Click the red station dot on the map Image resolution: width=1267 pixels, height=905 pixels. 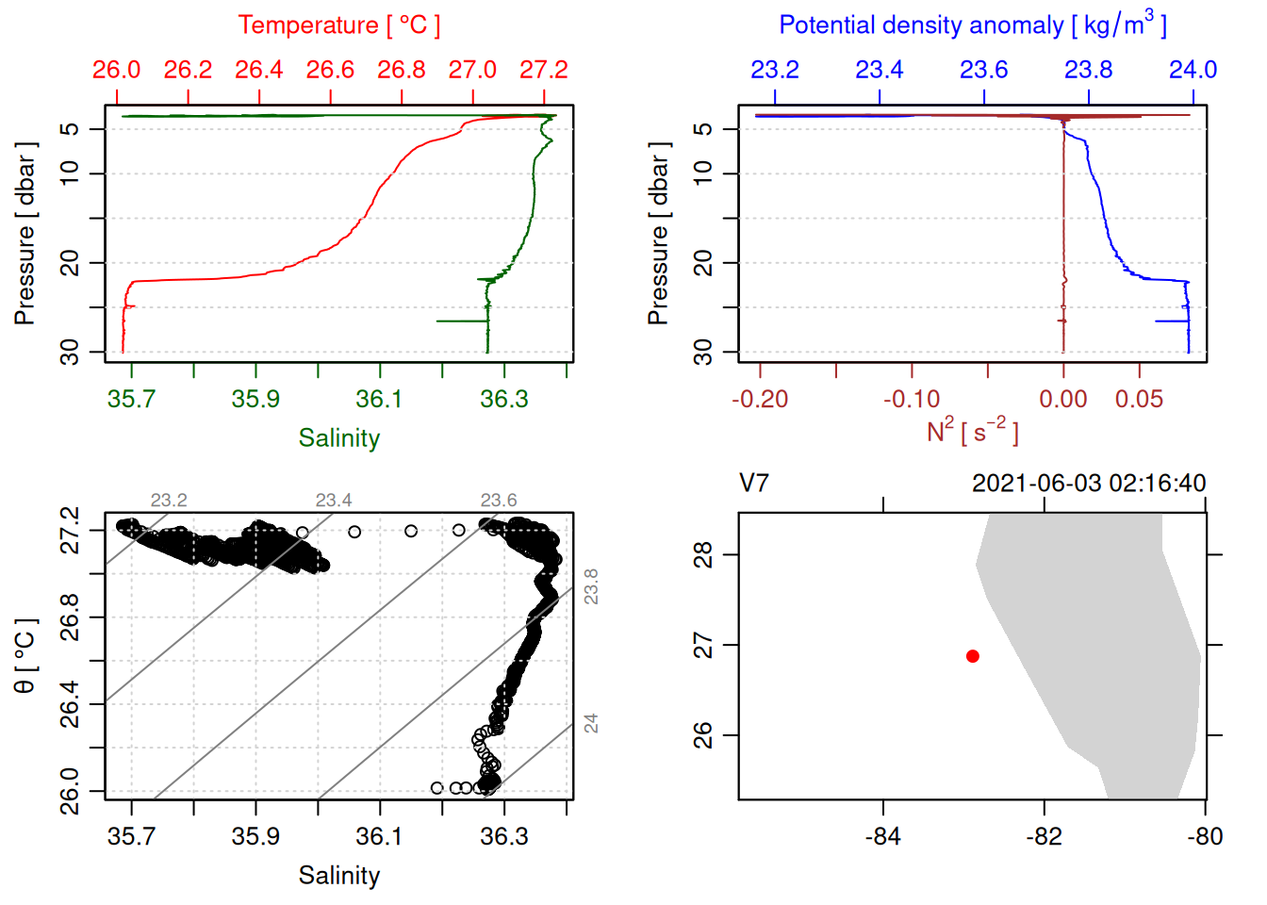pyautogui.click(x=973, y=656)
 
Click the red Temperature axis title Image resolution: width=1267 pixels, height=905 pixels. pyautogui.click(x=338, y=25)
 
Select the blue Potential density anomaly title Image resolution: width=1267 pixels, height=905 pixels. pyautogui.click(x=972, y=25)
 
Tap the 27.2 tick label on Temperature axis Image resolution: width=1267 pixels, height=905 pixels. pyautogui.click(x=544, y=70)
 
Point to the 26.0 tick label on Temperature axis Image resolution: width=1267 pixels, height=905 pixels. pyautogui.click(x=116, y=70)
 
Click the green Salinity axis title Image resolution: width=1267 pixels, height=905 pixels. pyautogui.click(x=338, y=438)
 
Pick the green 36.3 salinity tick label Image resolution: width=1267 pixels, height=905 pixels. pyautogui.click(x=504, y=399)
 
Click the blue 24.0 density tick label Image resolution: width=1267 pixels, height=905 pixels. pyautogui.click(x=1193, y=70)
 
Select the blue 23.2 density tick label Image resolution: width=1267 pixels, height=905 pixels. pyautogui.click(x=775, y=70)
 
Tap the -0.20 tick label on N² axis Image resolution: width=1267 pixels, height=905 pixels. pyautogui.click(x=760, y=400)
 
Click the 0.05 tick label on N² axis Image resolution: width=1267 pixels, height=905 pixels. pyautogui.click(x=1139, y=400)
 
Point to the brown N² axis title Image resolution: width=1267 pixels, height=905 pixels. pyautogui.click(x=972, y=432)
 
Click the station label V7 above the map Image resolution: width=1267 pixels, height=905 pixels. pyautogui.click(x=754, y=484)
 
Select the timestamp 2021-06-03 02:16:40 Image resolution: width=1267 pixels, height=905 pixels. pyautogui.click(x=1089, y=484)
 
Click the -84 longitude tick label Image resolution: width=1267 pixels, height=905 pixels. pyautogui.click(x=883, y=836)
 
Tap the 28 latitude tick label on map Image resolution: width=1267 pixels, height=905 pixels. pyautogui.click(x=703, y=555)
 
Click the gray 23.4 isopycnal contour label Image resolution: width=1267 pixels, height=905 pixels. pyautogui.click(x=334, y=501)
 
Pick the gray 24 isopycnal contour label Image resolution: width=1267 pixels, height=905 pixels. pyautogui.click(x=590, y=723)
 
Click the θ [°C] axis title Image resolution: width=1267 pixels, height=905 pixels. pyautogui.click(x=25, y=656)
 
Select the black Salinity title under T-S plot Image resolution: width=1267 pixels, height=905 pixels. pyautogui.click(x=338, y=876)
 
